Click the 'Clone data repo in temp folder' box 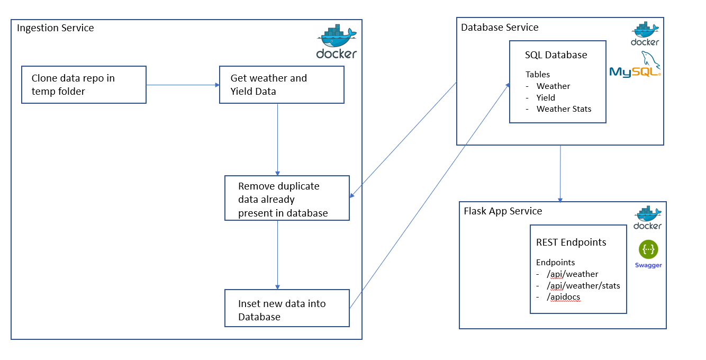[x=84, y=85]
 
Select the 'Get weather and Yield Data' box [x=282, y=85]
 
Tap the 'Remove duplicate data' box [x=287, y=199]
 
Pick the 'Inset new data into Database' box [x=287, y=308]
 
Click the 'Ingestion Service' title [x=55, y=28]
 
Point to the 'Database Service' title [x=500, y=28]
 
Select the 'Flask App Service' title [x=503, y=211]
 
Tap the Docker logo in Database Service [x=645, y=34]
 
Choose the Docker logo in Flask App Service [x=648, y=218]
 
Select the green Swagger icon [x=648, y=249]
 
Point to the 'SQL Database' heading [x=556, y=55]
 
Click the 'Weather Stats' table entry [x=564, y=109]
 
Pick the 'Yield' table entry [x=546, y=97]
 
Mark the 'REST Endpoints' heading [x=571, y=242]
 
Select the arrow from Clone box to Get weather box [x=183, y=85]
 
